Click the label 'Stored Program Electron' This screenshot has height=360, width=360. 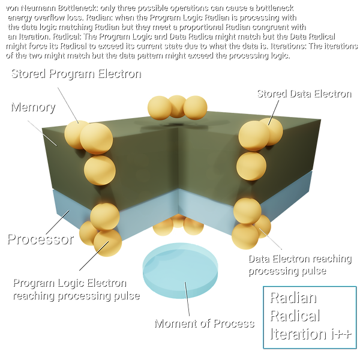tap(74, 74)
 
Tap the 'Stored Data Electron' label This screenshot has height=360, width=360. tap(302, 93)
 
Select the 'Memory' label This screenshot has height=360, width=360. tap(32, 107)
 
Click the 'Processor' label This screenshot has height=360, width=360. tap(39, 239)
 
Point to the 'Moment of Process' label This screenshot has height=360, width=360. tap(203, 323)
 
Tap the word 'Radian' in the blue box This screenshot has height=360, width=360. tap(292, 298)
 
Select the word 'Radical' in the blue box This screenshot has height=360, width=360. tap(294, 316)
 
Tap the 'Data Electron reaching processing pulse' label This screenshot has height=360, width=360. tap(299, 264)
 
